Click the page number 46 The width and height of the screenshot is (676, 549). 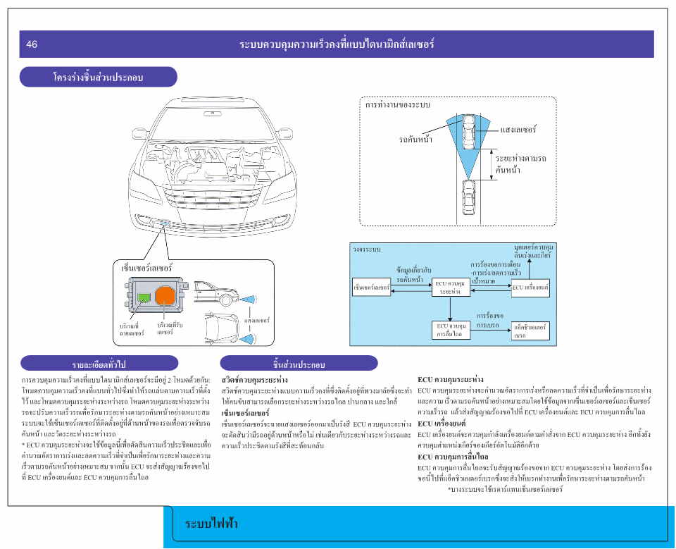click(x=32, y=44)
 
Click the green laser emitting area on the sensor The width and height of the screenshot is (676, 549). click(x=144, y=297)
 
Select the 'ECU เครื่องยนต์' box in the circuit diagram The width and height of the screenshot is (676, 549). click(x=530, y=287)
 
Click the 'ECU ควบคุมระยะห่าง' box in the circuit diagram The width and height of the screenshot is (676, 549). click(x=450, y=288)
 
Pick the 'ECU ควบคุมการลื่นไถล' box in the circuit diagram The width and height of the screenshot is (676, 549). click(x=450, y=330)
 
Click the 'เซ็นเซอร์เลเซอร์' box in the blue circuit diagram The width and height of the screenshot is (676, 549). click(x=371, y=287)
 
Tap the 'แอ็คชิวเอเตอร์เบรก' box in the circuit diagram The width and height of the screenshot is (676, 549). click(x=530, y=330)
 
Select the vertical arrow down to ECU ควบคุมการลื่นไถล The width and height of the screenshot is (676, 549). click(x=450, y=309)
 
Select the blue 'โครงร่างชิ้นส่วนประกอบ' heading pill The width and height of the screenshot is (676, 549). click(x=98, y=77)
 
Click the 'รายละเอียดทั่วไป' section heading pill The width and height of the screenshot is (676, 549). click(x=98, y=364)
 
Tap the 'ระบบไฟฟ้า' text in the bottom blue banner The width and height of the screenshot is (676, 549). click(x=211, y=524)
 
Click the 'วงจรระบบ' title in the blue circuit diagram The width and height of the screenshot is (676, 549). click(x=367, y=249)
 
